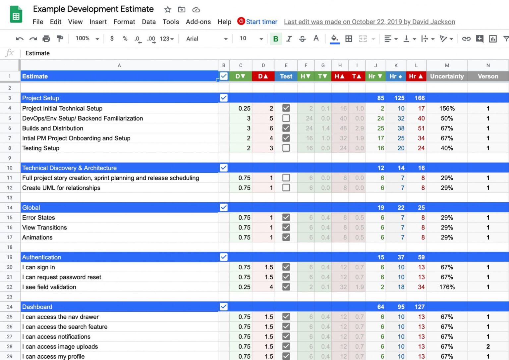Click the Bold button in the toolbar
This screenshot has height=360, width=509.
[x=275, y=39]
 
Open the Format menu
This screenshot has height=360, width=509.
[x=124, y=22]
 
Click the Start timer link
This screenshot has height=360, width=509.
[x=261, y=22]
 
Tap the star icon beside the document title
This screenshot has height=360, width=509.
[x=168, y=10]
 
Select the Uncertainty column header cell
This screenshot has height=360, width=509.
[x=447, y=76]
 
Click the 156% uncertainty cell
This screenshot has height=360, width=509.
[x=447, y=108]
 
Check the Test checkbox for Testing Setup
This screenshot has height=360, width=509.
[x=286, y=148]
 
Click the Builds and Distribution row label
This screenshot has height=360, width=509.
[x=53, y=128]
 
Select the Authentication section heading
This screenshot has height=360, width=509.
[x=42, y=257]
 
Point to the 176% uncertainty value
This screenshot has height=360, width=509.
[x=447, y=287]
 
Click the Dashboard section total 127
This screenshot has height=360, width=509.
[x=420, y=307]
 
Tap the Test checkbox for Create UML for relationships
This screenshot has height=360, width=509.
[x=286, y=188]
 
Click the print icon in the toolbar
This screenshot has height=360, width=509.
[x=46, y=39]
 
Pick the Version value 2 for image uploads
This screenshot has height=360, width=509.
[x=488, y=347]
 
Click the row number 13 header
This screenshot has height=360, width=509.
[x=10, y=198]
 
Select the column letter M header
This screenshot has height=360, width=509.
[x=447, y=65]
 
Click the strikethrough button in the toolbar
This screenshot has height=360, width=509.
[x=302, y=39]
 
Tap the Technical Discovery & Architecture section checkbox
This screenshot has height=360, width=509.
[x=224, y=168]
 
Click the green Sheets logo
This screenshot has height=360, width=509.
[x=16, y=15]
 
